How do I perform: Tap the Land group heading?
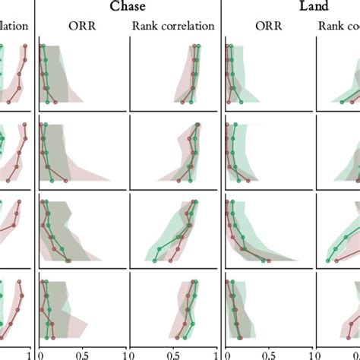(x=313, y=7)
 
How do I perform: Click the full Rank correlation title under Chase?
(x=173, y=26)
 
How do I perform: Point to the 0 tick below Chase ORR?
(x=40, y=352)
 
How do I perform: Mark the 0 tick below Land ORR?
(x=226, y=352)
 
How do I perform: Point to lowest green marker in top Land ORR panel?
(x=242, y=101)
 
